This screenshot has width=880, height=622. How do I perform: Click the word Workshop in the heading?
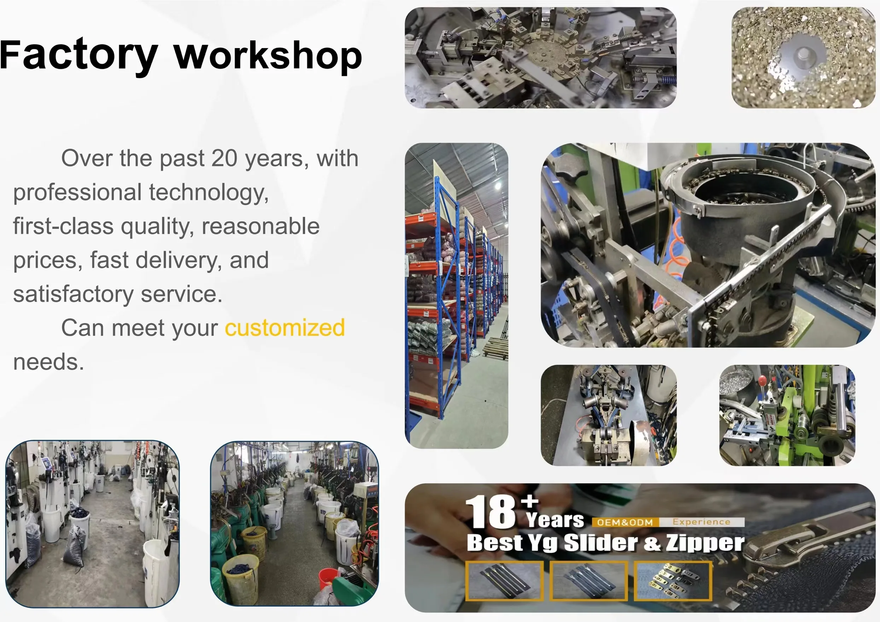268,56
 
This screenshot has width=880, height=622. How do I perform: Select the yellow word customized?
285,328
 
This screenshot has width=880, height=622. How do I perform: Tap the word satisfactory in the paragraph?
73,294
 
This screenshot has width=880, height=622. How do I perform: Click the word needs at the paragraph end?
48,362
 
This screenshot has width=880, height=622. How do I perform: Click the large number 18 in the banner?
491,512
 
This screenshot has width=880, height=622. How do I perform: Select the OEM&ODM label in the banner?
625,522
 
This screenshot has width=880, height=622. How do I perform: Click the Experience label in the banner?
701,522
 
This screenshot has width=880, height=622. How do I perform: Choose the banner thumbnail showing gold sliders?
673,581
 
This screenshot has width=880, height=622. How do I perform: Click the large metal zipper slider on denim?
801,544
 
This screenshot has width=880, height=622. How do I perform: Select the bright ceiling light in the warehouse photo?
498,186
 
